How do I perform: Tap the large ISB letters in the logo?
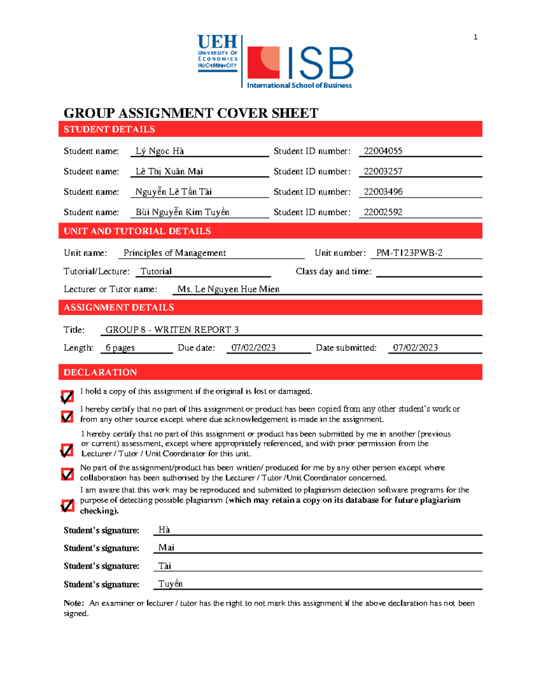tap(318, 64)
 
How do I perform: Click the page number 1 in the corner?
tap(475, 37)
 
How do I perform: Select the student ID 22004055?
tap(383, 151)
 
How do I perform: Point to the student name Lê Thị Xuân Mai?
tap(169, 171)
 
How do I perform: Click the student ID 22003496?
tap(383, 192)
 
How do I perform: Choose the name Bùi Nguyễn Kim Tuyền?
tap(182, 212)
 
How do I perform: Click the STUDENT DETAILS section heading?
tap(109, 129)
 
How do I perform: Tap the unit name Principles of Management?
tap(174, 253)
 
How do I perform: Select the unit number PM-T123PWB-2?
tap(409, 253)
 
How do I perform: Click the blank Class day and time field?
tap(429, 271)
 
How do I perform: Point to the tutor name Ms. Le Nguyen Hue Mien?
tap(228, 289)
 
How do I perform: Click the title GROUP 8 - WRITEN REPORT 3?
tap(172, 329)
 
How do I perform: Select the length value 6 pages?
tap(120, 348)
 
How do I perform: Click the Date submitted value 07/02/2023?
tap(415, 348)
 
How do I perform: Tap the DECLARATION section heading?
tap(100, 372)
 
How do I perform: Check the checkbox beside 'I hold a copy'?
tap(67, 397)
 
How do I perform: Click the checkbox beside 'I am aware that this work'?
tap(67, 506)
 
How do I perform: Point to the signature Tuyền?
tap(170, 584)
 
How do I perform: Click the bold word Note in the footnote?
tap(73, 603)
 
